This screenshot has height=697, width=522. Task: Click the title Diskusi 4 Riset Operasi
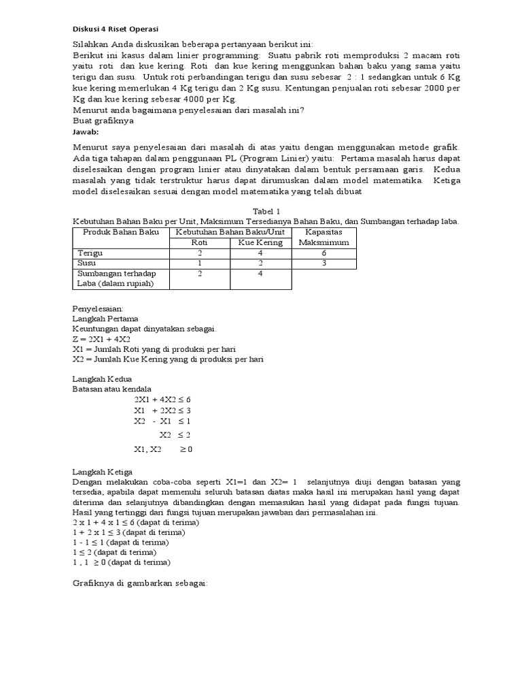pyautogui.click(x=115, y=29)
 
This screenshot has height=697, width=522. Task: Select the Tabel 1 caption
pyautogui.click(x=266, y=212)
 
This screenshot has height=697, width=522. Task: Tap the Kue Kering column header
pyautogui.click(x=260, y=242)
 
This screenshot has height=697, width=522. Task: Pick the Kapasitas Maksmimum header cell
pyautogui.click(x=327, y=237)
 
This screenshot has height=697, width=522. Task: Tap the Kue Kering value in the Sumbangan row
pyautogui.click(x=260, y=273)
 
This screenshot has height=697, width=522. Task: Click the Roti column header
pyautogui.click(x=199, y=242)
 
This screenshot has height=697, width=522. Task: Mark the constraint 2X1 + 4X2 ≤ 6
pyautogui.click(x=162, y=400)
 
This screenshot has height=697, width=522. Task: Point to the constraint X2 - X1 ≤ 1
pyautogui.click(x=162, y=421)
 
